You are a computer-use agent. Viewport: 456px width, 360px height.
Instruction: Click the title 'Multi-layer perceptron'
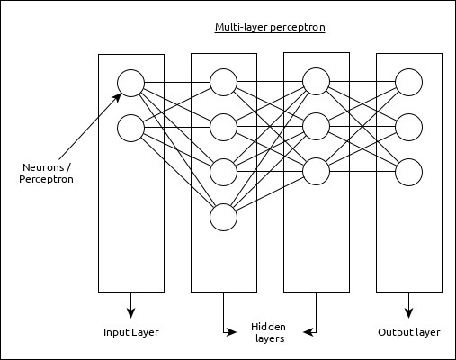click(270, 28)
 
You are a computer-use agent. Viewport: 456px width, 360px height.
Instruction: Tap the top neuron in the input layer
click(130, 84)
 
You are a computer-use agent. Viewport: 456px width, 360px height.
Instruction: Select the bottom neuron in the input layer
click(130, 129)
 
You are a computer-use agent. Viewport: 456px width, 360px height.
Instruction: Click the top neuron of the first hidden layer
click(223, 83)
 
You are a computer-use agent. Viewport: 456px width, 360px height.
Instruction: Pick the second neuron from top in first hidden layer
click(223, 124)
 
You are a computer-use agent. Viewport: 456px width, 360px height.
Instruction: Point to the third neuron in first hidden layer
click(223, 169)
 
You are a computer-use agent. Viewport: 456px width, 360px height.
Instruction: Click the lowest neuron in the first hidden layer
click(223, 217)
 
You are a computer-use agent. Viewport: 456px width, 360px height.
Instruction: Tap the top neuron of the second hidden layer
click(316, 82)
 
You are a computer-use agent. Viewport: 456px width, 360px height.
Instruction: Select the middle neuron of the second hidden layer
click(316, 124)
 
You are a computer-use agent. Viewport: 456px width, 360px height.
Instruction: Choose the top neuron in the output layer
click(408, 83)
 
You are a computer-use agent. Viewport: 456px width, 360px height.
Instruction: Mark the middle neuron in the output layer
click(408, 125)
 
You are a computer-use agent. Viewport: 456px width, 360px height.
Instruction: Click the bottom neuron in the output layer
click(408, 170)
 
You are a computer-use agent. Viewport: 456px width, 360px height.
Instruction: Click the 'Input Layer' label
click(130, 332)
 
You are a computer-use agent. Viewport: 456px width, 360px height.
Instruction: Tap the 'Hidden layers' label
click(268, 333)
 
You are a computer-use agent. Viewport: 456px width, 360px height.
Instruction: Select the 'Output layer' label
click(409, 332)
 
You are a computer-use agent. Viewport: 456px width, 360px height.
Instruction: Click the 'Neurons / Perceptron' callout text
click(46, 174)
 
